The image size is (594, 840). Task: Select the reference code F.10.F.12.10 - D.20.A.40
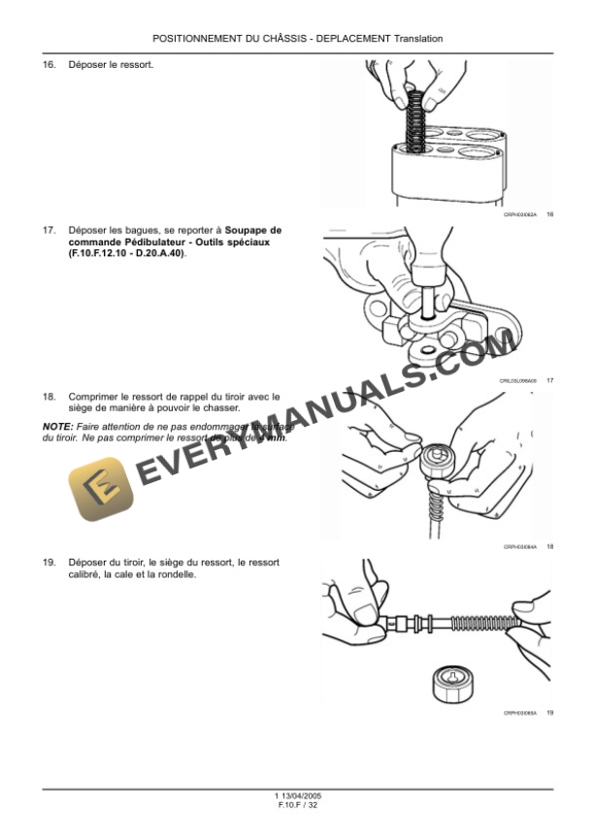point(125,253)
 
